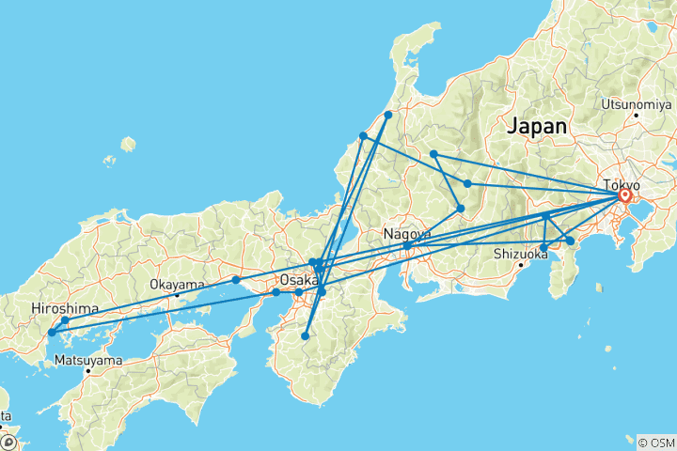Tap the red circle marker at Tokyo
(624, 196)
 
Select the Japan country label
(537, 126)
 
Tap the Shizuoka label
(523, 253)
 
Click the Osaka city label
(299, 280)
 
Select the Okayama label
(176, 283)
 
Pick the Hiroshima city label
(62, 307)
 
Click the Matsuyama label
(87, 359)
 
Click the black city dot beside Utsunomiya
(637, 115)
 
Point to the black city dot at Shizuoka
(520, 266)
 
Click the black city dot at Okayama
(177, 295)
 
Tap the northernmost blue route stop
(388, 115)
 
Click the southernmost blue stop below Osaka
(305, 335)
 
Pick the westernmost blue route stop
(52, 332)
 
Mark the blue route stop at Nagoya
(406, 246)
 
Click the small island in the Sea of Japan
(128, 146)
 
